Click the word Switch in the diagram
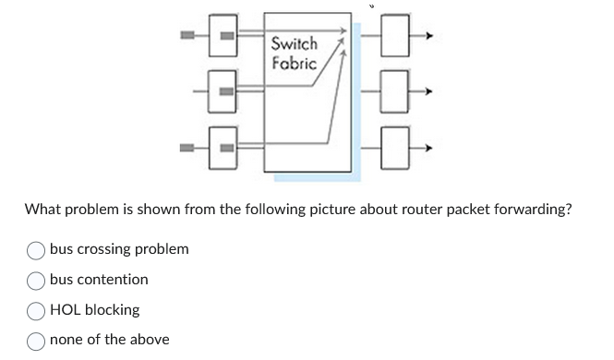click(295, 43)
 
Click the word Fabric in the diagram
click(295, 63)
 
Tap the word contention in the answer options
click(113, 280)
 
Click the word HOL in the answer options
click(66, 310)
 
